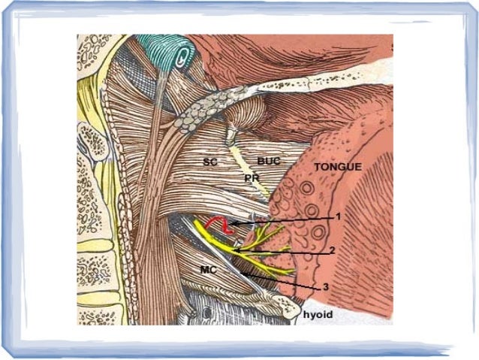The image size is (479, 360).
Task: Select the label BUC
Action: coord(267,161)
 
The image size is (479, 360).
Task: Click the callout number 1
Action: coord(338,216)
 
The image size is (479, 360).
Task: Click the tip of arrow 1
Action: coord(230,223)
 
